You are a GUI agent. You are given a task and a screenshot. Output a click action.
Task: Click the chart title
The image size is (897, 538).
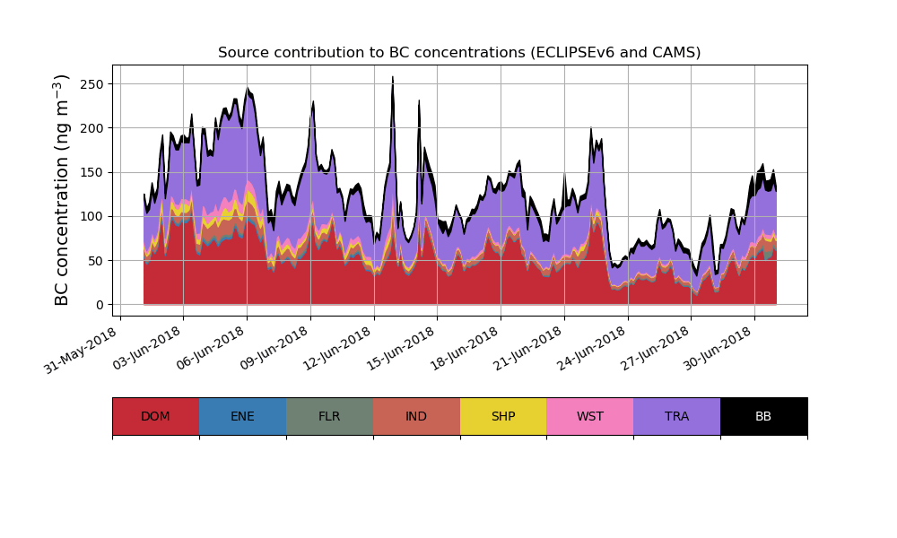pyautogui.click(x=459, y=53)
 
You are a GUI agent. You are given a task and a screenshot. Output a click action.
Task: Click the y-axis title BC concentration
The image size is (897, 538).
pyautogui.click(x=63, y=190)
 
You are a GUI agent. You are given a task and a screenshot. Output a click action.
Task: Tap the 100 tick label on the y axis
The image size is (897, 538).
pyautogui.click(x=93, y=216)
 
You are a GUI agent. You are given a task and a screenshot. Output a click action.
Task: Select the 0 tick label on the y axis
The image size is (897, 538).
pyautogui.click(x=100, y=305)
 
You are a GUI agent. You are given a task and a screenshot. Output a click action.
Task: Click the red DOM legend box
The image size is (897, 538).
pyautogui.click(x=155, y=416)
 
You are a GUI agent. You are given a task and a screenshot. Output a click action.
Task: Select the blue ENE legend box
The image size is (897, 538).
pyautogui.click(x=242, y=416)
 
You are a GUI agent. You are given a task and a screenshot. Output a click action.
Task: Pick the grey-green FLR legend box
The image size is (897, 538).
pyautogui.click(x=329, y=416)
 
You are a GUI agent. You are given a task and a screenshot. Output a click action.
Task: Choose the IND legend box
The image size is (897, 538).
pyautogui.click(x=416, y=416)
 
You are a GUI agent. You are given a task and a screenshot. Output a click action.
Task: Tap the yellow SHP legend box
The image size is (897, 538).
pyautogui.click(x=503, y=416)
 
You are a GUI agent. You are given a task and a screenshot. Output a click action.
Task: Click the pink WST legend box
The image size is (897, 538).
pyautogui.click(x=589, y=416)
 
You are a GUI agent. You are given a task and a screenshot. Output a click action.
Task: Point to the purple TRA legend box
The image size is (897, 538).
pyautogui.click(x=676, y=416)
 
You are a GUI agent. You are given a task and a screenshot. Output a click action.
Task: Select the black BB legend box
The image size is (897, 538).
pyautogui.click(x=763, y=416)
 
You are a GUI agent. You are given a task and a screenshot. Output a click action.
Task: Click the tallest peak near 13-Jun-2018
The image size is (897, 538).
pyautogui.click(x=393, y=79)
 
